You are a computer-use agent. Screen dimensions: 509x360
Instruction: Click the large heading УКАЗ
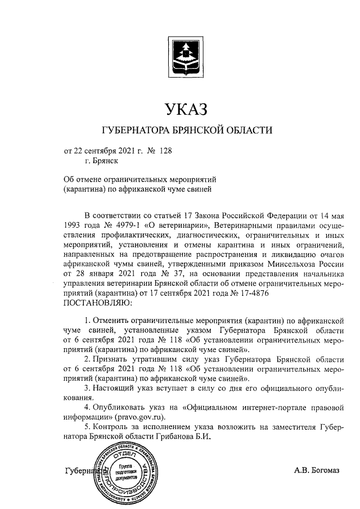(x=186, y=108)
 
